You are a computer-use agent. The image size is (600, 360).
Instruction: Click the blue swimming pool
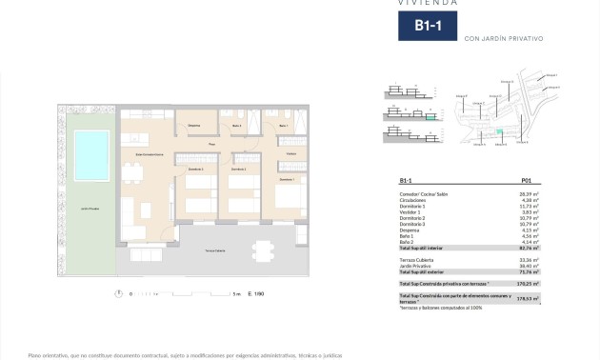point(91,154)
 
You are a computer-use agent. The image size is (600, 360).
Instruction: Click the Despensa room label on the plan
point(193,126)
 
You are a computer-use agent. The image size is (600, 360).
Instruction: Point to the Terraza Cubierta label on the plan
point(214,250)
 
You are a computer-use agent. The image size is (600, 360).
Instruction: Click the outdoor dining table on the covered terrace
point(261,250)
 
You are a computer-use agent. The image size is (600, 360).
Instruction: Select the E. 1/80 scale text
point(255,294)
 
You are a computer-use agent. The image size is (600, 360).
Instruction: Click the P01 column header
point(527,180)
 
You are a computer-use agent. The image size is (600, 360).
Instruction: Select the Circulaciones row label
point(415,199)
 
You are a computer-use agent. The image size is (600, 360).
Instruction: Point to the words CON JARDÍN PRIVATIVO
point(503,39)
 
